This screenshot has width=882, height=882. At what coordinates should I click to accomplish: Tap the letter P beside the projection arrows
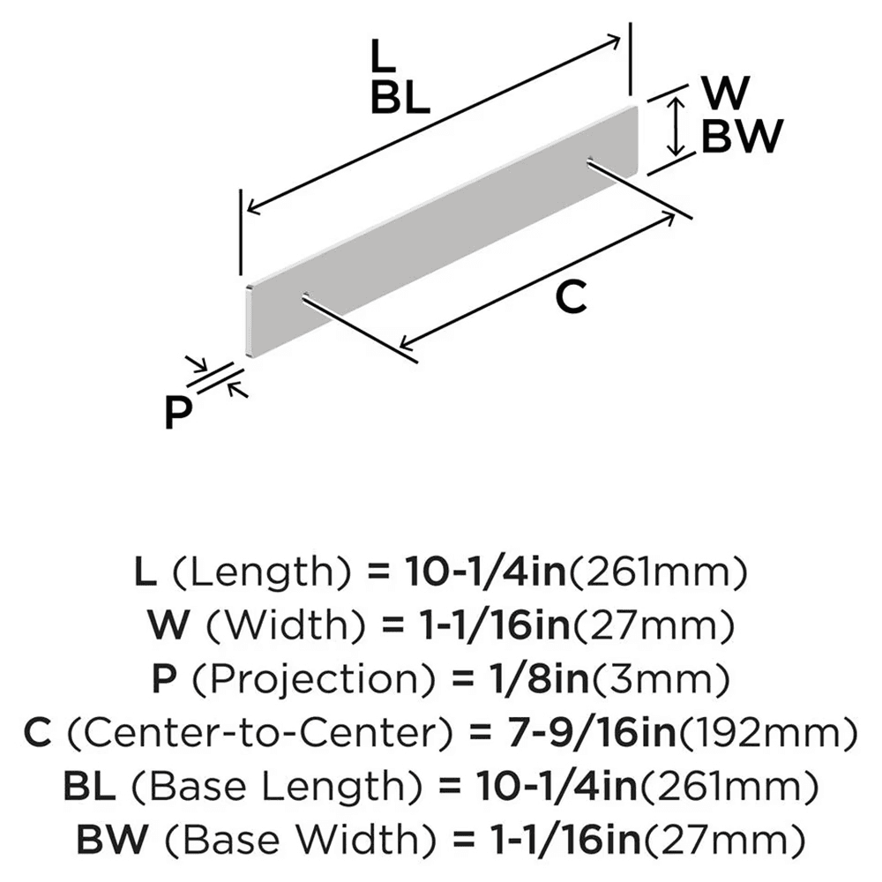178,413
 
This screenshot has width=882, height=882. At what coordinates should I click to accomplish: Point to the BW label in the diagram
740,137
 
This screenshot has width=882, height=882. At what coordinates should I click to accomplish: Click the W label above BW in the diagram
726,93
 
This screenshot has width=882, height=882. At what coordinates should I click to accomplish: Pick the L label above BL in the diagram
381,58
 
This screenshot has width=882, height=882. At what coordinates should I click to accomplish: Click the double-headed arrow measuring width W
676,127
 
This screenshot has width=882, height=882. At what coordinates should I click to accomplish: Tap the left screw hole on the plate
304,297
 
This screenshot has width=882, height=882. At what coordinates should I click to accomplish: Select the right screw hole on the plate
588,161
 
